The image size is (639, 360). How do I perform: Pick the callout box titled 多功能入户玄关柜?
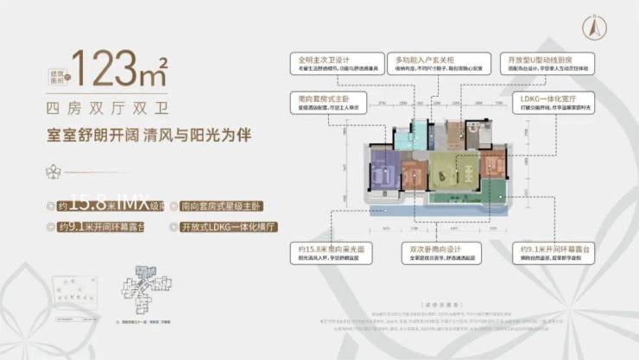[428, 66]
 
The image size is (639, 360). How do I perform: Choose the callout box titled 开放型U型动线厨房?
[537, 66]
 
